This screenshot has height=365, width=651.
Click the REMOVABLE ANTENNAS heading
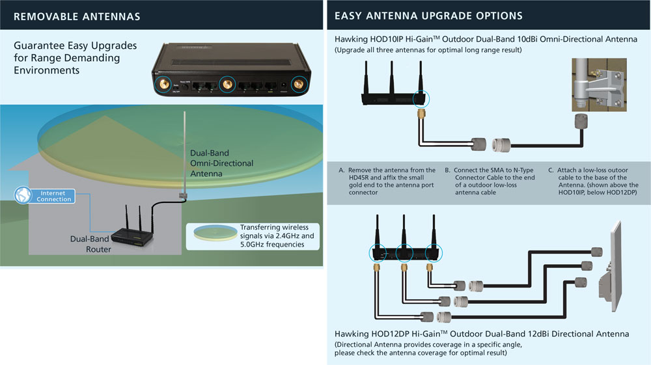(76, 16)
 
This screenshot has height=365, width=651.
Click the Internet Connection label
(54, 196)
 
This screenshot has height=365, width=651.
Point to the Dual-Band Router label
(91, 244)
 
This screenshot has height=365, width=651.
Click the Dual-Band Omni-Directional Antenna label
(221, 163)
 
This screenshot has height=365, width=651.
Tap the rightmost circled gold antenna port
(299, 85)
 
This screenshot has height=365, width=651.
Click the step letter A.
(342, 170)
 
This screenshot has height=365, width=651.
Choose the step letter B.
(447, 170)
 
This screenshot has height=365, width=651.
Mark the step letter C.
(551, 170)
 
